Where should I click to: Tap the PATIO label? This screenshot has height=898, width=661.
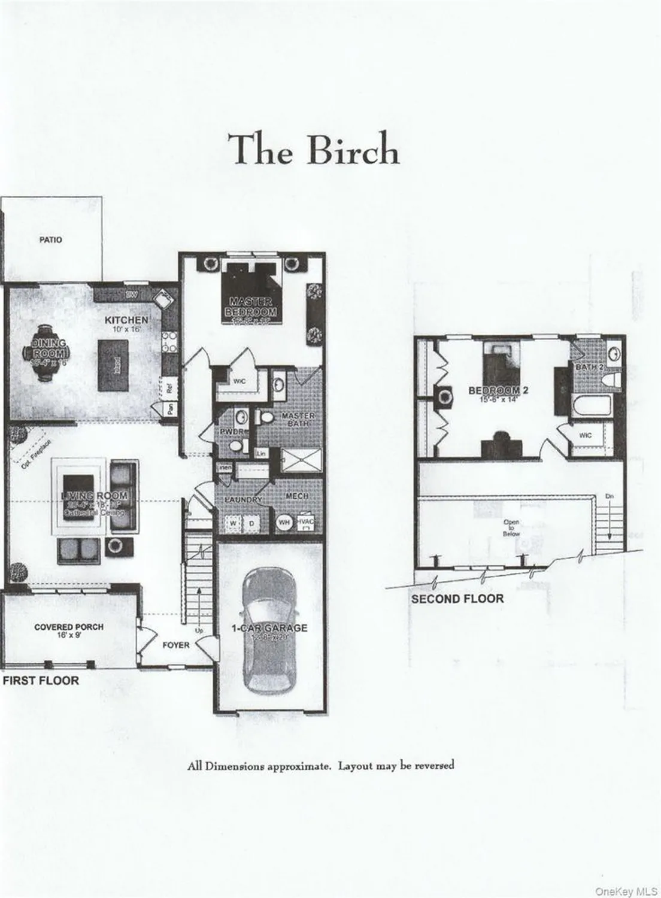[50, 239]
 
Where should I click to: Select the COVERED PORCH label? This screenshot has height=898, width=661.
[68, 627]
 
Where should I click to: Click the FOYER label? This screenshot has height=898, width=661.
[176, 645]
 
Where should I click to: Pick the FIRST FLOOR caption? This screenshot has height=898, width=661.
[41, 681]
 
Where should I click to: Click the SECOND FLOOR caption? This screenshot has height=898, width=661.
[457, 598]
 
